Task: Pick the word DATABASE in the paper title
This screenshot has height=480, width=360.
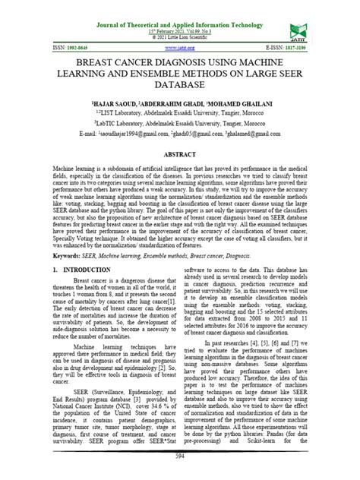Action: pos(180,88)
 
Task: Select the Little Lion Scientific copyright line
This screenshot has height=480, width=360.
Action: pos(180,36)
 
